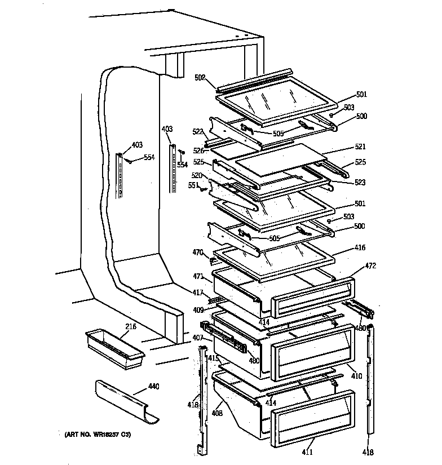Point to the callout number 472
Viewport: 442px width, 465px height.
[x=370, y=265]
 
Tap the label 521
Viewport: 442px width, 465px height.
[x=360, y=146]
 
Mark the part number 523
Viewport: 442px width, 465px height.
[x=360, y=182]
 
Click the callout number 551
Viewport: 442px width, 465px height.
[x=192, y=185]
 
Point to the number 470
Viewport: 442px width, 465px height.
[x=197, y=253]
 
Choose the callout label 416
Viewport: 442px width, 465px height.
[x=360, y=247]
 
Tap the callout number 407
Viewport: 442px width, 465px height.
[x=198, y=338]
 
